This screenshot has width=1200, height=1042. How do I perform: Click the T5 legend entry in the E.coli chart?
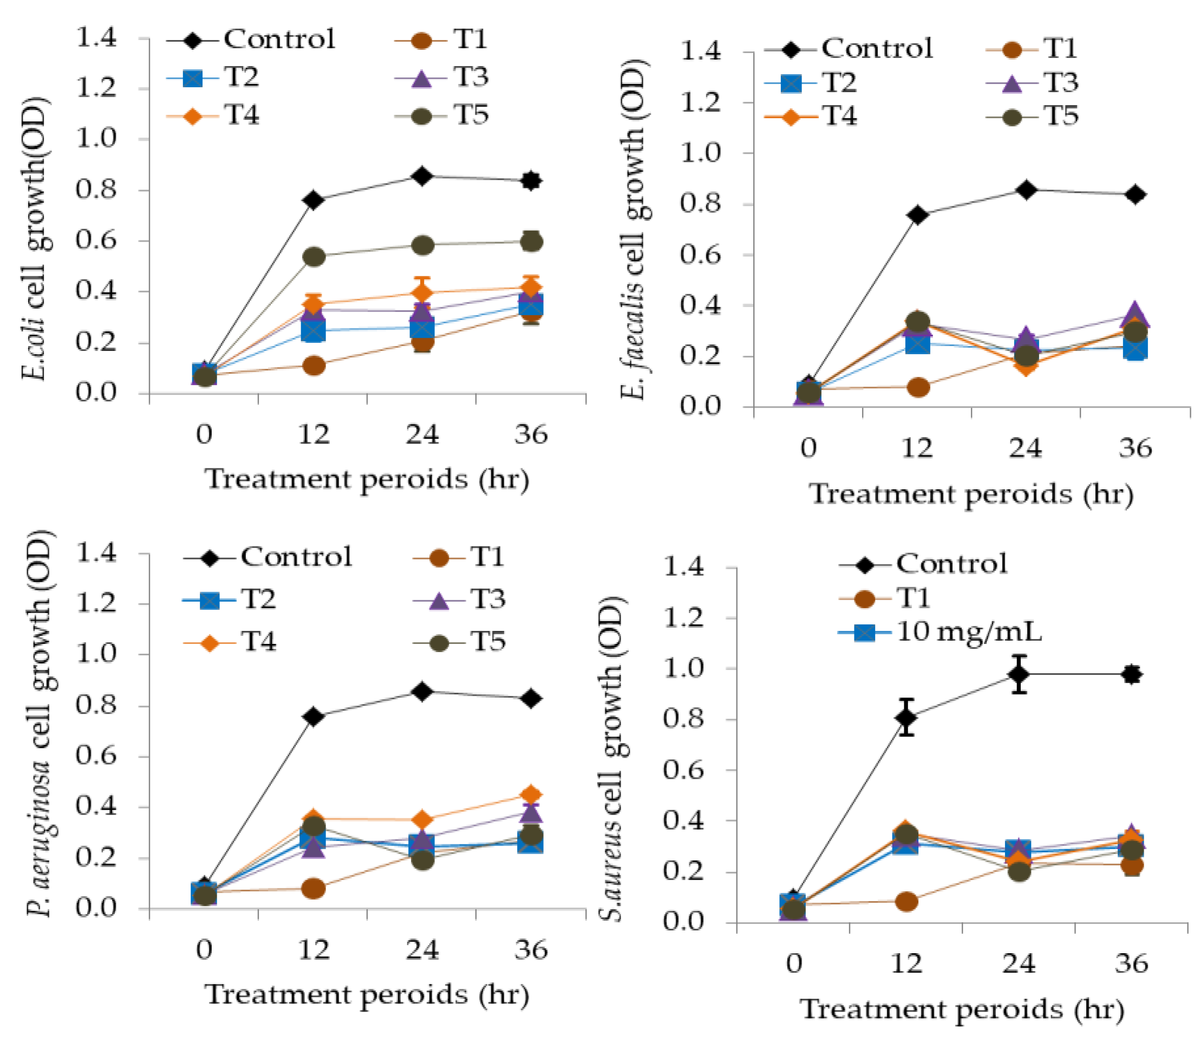[x=442, y=115]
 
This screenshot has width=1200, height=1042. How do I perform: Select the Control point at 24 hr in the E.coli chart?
[x=422, y=175]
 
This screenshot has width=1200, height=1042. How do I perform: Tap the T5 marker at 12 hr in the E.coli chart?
[x=314, y=256]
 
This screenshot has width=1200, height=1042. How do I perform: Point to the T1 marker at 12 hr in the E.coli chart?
[x=314, y=366]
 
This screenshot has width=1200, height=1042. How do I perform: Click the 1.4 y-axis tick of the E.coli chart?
[x=96, y=38]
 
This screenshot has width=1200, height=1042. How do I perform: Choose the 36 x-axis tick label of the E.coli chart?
[x=531, y=434]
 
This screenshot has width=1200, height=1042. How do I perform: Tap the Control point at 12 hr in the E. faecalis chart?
[x=917, y=214]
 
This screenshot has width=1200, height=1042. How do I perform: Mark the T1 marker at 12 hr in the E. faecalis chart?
[x=917, y=387]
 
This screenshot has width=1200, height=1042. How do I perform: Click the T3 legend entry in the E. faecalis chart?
[x=1033, y=82]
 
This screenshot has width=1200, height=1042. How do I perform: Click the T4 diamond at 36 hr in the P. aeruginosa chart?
[x=531, y=794]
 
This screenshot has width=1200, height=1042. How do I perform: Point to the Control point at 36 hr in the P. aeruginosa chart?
[x=531, y=698]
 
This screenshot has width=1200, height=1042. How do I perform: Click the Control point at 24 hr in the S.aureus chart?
[x=1019, y=674]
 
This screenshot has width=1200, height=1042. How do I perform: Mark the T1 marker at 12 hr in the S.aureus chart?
[x=906, y=902]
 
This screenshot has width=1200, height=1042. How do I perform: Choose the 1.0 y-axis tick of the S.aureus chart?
[x=684, y=668]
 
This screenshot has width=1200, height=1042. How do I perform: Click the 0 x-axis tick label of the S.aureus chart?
[x=794, y=963]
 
